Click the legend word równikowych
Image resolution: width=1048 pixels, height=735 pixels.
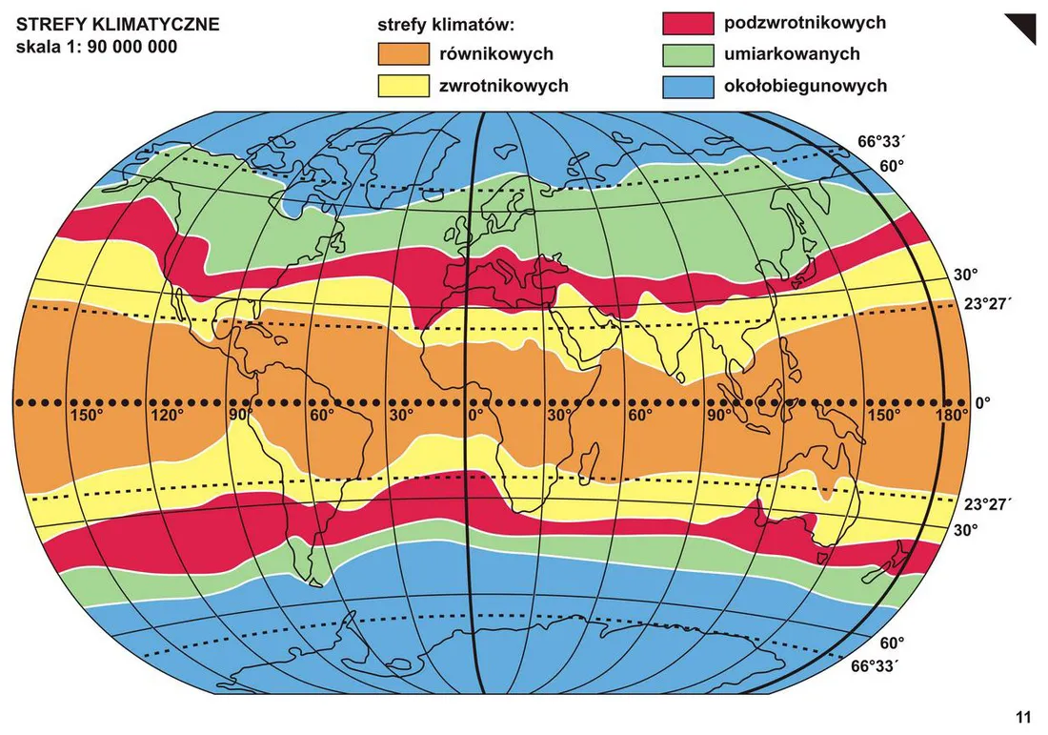click(495, 54)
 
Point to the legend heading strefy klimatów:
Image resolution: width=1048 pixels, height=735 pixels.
click(447, 24)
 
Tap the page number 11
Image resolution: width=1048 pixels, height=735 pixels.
click(1023, 718)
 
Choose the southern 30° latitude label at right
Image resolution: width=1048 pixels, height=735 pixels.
click(966, 529)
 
